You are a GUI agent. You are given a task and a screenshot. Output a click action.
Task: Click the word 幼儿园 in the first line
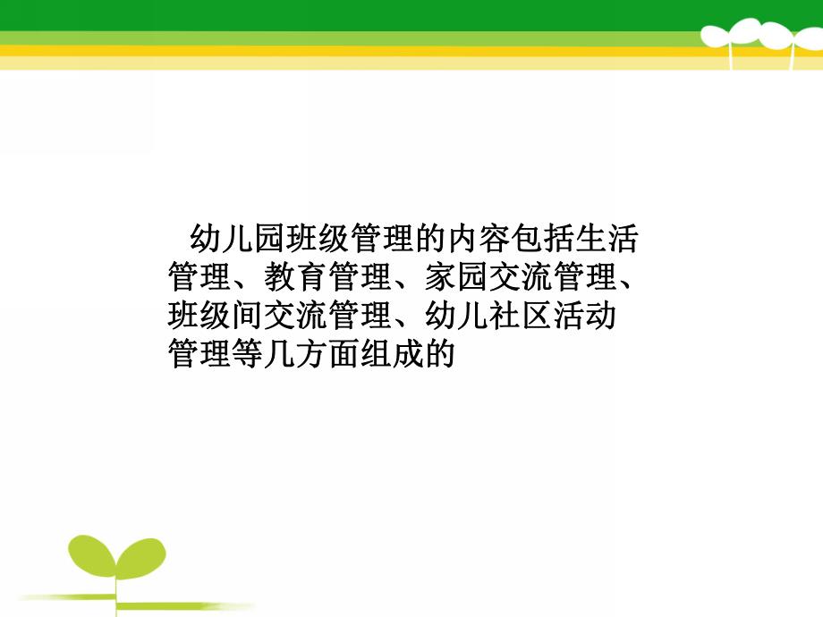[239, 240]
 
